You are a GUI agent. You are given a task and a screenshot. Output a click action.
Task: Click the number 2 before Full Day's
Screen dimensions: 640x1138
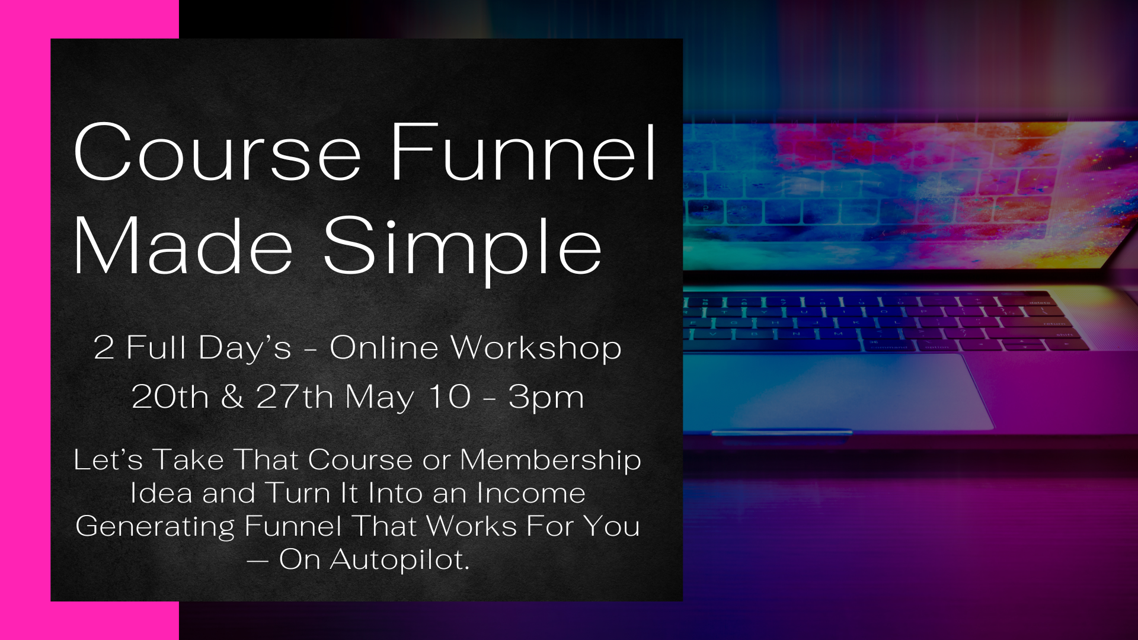tap(104, 348)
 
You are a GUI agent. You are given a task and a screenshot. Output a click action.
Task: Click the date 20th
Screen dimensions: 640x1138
tap(170, 397)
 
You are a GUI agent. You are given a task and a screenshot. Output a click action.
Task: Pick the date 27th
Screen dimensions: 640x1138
tap(295, 397)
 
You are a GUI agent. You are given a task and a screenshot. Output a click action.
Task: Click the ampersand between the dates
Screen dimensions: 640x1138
tap(232, 397)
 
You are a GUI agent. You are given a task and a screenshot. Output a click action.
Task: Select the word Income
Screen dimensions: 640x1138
tap(531, 493)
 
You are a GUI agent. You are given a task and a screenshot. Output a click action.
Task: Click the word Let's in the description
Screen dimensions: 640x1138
tap(108, 460)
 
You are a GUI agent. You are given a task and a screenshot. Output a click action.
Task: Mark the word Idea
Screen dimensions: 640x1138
tap(161, 493)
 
